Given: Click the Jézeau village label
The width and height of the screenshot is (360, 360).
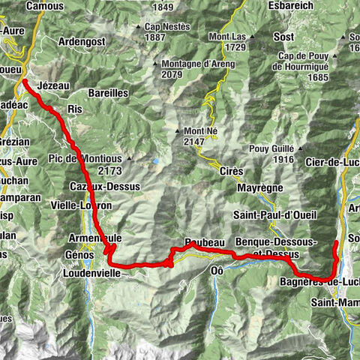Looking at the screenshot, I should coord(53,86).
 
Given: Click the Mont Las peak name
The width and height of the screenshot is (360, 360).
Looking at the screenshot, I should coord(229,36).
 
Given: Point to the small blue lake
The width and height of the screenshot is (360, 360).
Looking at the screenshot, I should coord(155,160).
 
